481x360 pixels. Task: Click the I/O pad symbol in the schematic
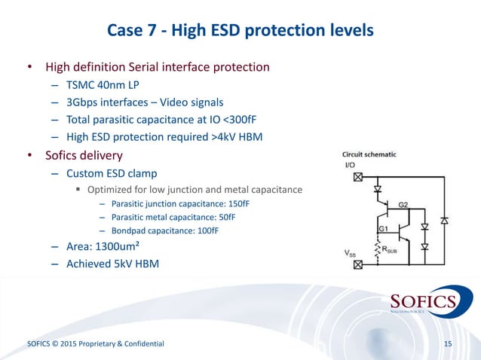[x=358, y=178]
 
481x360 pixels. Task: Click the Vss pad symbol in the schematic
[x=358, y=264]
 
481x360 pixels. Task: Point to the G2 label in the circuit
[x=403, y=204]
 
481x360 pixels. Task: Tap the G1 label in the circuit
[x=382, y=227]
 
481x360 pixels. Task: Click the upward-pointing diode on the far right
[x=445, y=221]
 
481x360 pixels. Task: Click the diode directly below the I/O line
[x=378, y=189]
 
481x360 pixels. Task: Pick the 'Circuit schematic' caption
[x=369, y=155]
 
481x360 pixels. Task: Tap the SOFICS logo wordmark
[x=423, y=302]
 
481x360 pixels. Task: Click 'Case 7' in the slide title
[x=132, y=31]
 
